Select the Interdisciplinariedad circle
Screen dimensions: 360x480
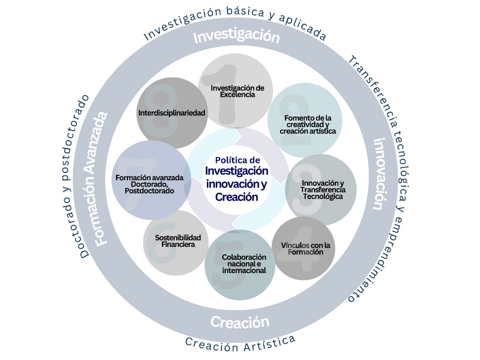tap(172, 113)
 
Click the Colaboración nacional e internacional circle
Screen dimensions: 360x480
tap(240, 264)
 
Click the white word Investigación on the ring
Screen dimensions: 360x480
tap(236, 37)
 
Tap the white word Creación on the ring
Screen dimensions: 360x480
tap(240, 322)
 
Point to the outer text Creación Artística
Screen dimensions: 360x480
tap(240, 343)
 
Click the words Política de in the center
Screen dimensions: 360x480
tap(238, 160)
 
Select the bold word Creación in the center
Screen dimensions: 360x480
tap(237, 197)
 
